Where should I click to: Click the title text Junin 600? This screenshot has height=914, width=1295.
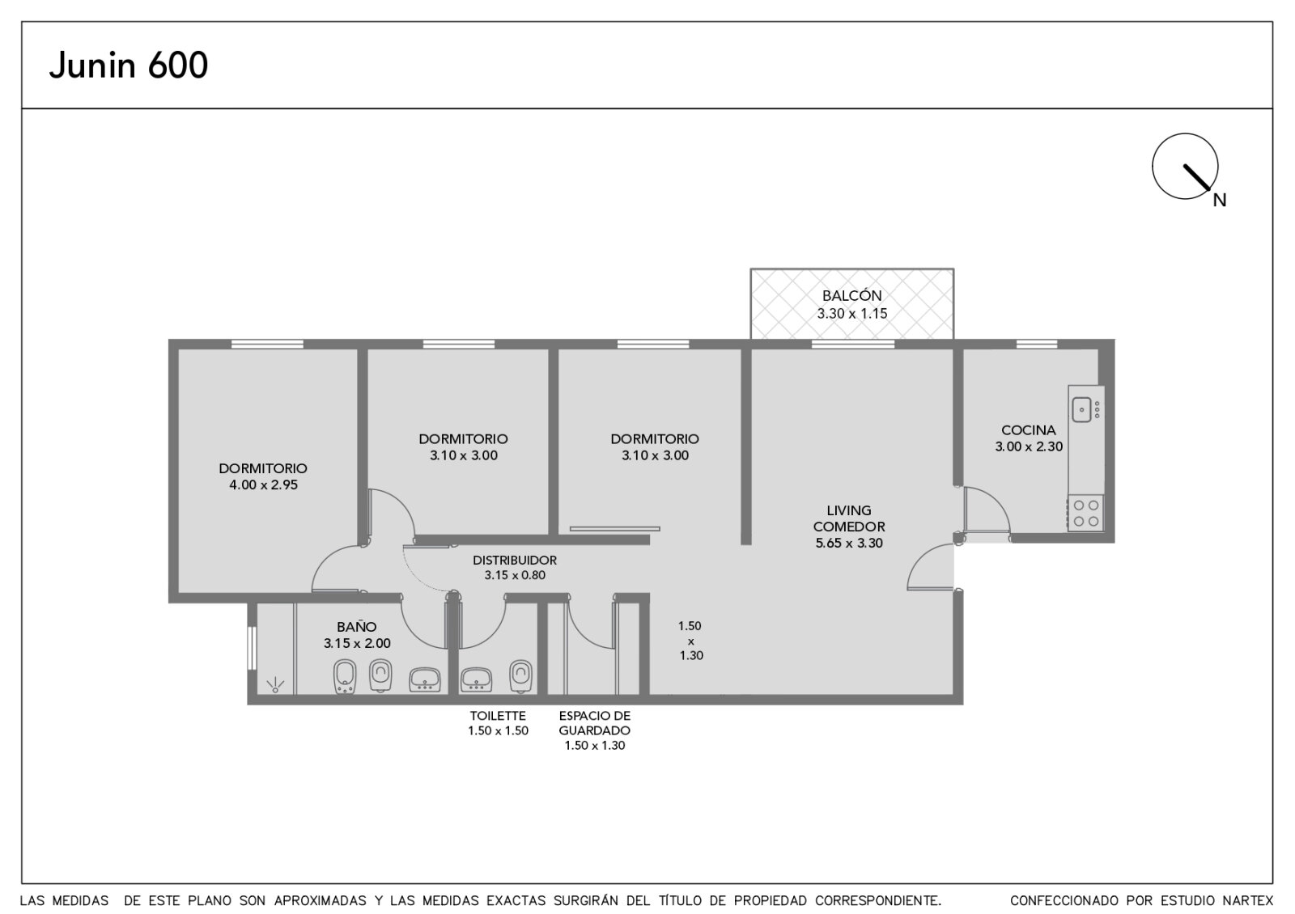point(129,66)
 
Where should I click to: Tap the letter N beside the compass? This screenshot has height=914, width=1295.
point(1219,200)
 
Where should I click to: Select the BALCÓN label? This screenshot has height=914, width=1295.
point(852,295)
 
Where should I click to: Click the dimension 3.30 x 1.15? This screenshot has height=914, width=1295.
point(852,314)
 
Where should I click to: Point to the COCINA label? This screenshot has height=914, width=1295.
point(1029,429)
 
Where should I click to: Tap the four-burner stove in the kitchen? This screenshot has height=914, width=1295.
point(1085,513)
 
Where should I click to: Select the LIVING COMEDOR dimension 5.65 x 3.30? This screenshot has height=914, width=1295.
point(849,543)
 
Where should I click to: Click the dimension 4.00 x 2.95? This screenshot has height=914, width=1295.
point(263,485)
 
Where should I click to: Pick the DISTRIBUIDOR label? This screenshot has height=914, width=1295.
point(515,560)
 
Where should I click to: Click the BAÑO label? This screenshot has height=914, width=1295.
point(357,627)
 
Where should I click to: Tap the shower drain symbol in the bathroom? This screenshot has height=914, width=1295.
point(275,685)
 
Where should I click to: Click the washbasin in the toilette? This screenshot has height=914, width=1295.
point(476,679)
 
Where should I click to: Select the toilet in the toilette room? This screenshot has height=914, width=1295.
point(520,676)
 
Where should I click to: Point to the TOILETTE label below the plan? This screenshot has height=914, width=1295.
point(498,716)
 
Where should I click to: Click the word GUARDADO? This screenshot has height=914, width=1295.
point(594,730)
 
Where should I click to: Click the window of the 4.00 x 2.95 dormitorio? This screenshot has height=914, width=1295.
point(267,345)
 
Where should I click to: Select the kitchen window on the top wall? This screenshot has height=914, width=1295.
point(1037,345)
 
